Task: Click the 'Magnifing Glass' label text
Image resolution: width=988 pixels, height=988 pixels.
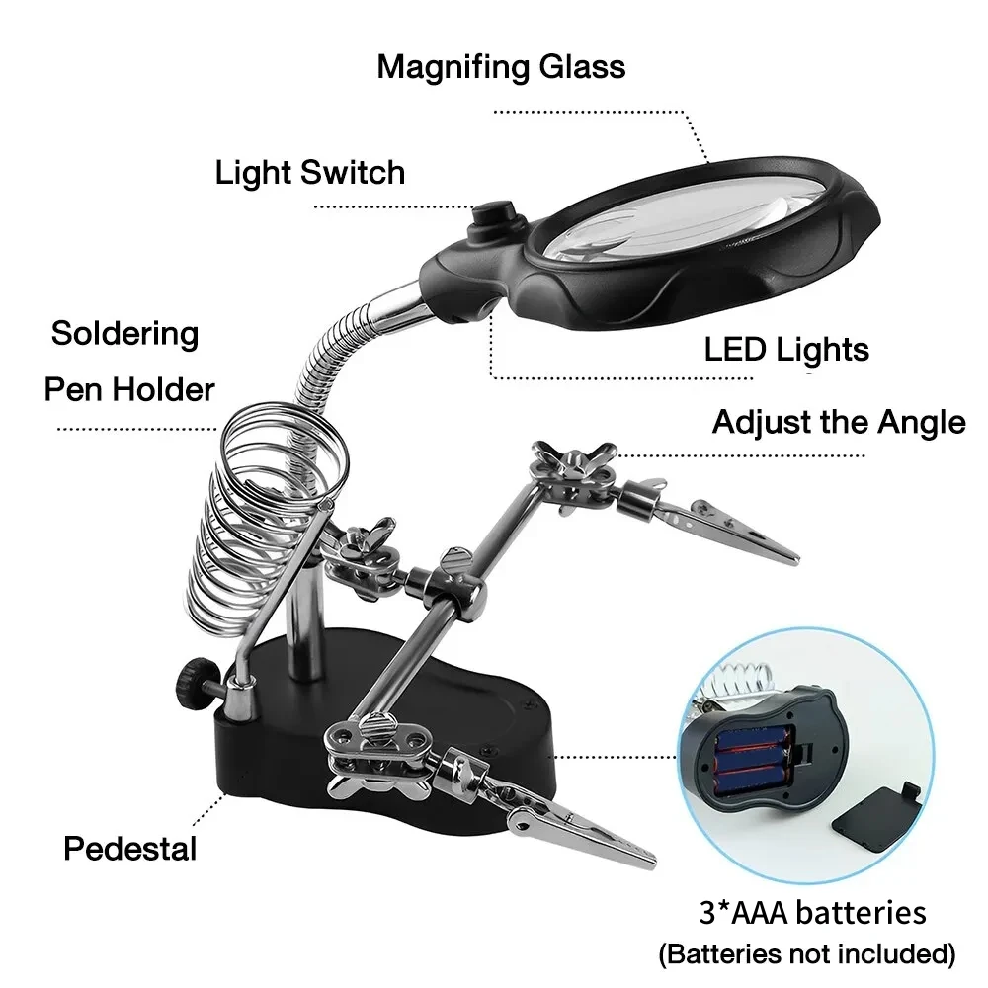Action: pos(501,67)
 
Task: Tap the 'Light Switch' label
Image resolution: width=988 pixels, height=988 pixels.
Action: pos(310,173)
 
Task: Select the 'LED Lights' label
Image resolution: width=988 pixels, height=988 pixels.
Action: pos(786,349)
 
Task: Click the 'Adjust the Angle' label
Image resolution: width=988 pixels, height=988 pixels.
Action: pos(838,423)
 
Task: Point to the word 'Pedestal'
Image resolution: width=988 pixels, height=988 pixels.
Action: pos(130,848)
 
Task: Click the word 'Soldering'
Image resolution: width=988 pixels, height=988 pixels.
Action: pos(124,333)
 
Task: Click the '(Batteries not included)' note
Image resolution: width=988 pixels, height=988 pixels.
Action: pos(807,954)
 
